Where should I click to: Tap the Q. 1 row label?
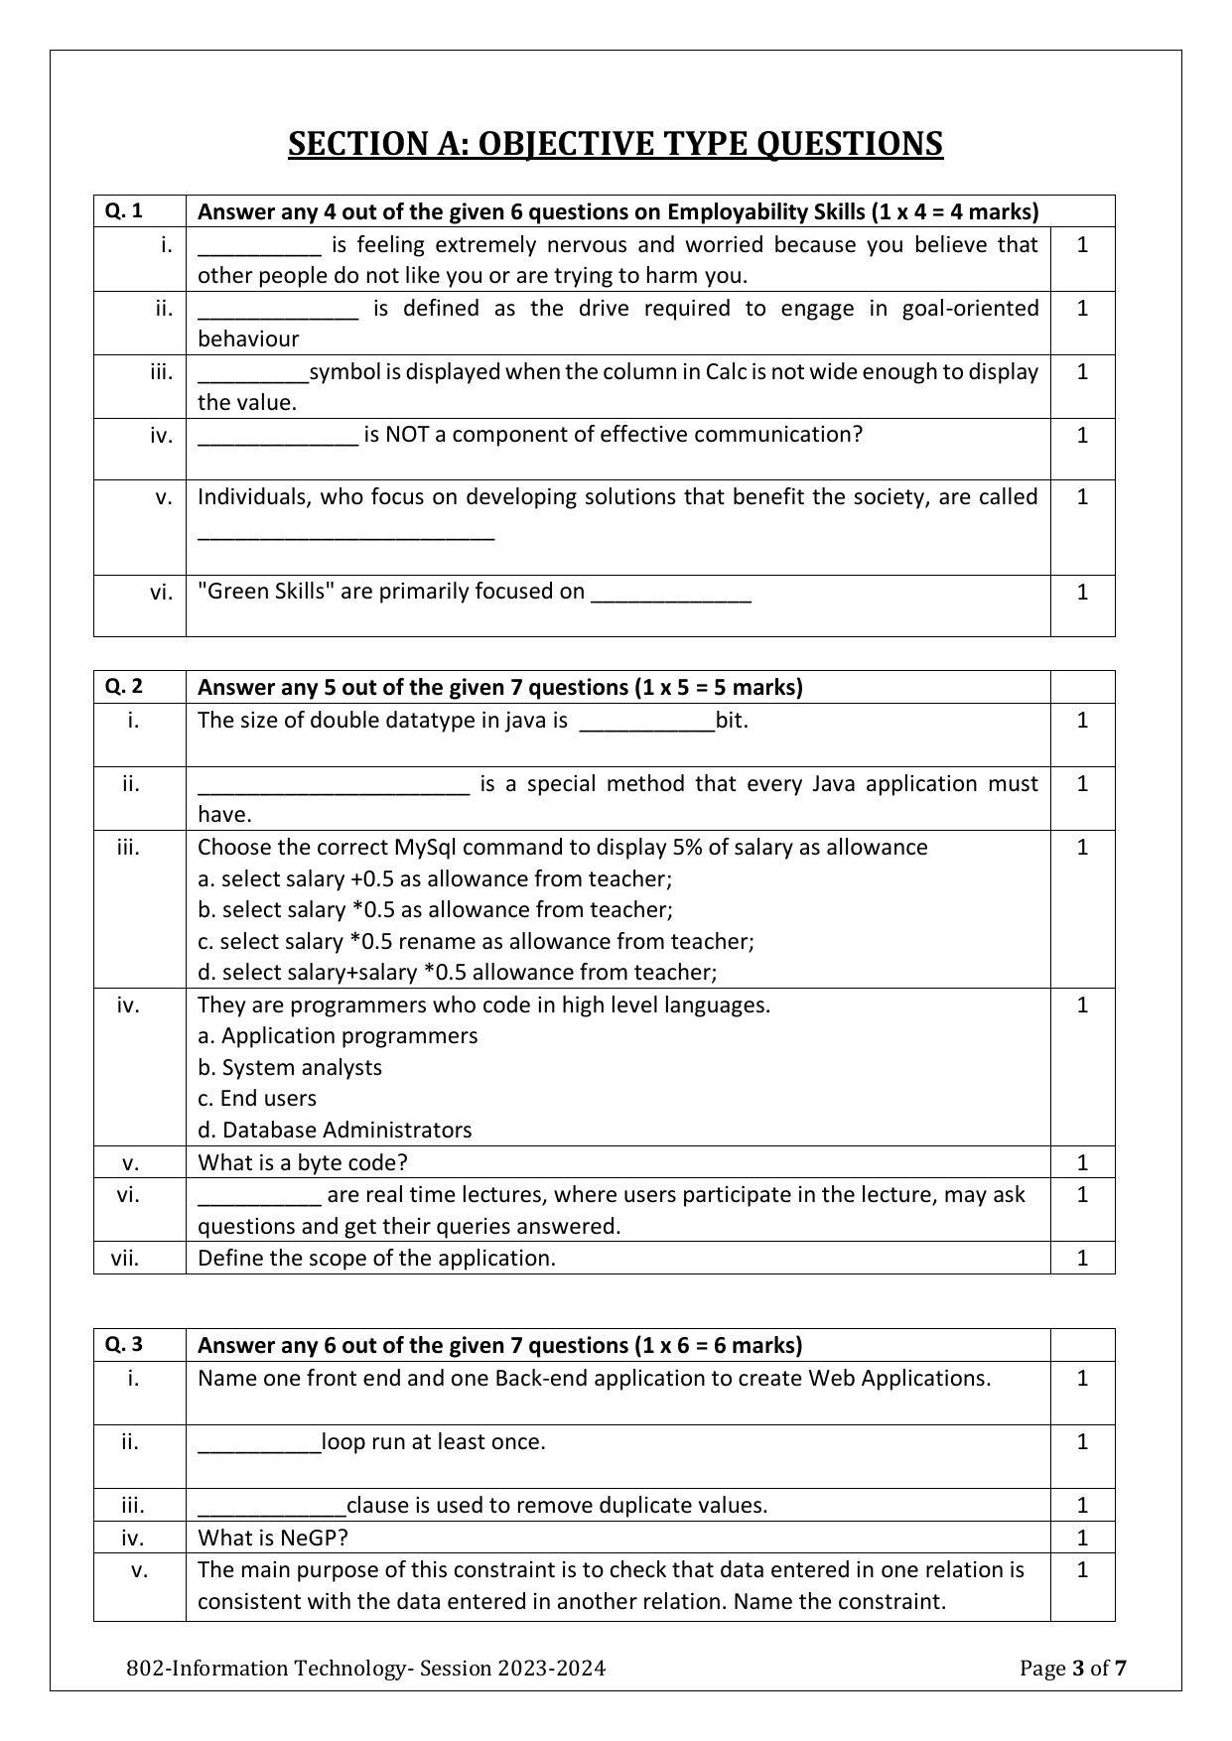124,210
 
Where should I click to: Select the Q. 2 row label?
124,686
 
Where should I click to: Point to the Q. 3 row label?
124,1344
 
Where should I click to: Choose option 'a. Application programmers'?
338,1035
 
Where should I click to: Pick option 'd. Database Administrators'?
335,1130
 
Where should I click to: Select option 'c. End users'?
257,1098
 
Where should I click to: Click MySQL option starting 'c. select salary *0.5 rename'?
476,940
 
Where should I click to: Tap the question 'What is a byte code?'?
303,1161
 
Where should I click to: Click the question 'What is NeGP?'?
273,1537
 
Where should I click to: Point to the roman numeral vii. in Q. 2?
125,1258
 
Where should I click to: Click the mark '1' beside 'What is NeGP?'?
1082,1537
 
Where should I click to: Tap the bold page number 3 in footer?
1078,1668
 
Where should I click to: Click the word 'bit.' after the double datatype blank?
732,720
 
